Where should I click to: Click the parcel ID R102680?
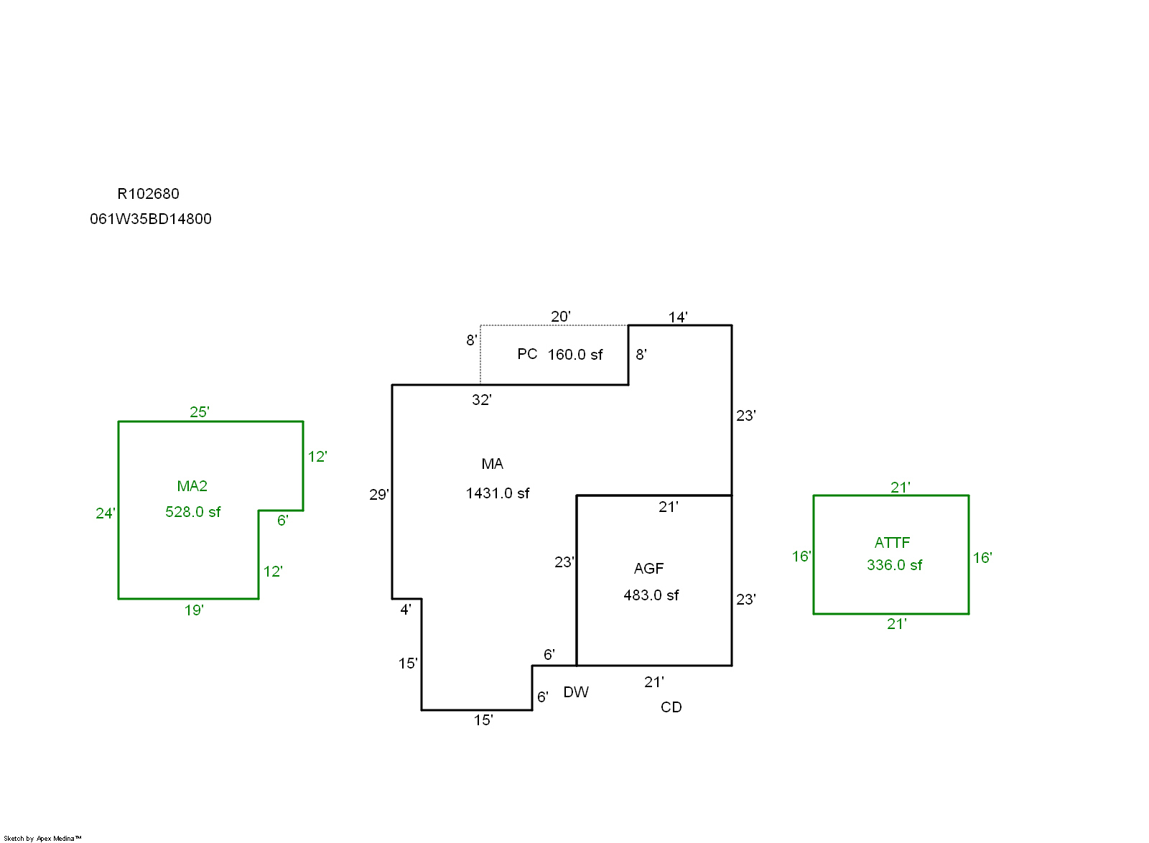(x=148, y=194)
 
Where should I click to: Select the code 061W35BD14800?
(x=151, y=219)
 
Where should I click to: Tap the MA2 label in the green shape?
(x=192, y=486)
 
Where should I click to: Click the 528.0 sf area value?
(x=192, y=512)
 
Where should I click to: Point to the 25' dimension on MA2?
(x=199, y=412)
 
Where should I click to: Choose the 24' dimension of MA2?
(x=105, y=513)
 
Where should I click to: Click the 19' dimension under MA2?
(x=194, y=610)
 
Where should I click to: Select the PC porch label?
(x=527, y=354)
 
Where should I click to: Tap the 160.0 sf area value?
(x=575, y=355)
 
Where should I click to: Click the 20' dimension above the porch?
(x=561, y=317)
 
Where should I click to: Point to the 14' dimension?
(x=678, y=317)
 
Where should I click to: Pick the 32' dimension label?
(x=482, y=400)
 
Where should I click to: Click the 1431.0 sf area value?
(x=497, y=493)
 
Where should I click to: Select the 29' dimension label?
(x=379, y=495)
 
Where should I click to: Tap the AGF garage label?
(x=648, y=569)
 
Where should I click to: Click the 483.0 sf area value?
(x=651, y=595)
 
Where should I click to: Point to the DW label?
(x=576, y=692)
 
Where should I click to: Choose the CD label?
(x=671, y=707)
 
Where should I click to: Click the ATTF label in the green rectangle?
(x=892, y=543)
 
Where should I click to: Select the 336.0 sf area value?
(x=894, y=565)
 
